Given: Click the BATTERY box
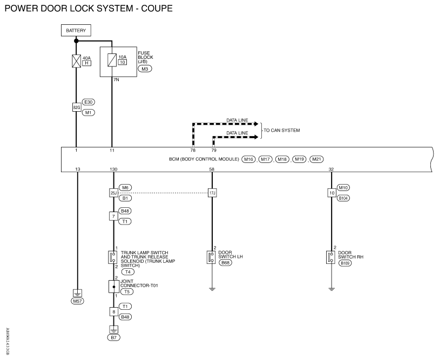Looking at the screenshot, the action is [x=76, y=30].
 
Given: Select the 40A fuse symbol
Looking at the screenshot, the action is [x=76, y=61].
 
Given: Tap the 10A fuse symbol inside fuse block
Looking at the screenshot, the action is [x=112, y=60].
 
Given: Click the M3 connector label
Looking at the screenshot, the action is [x=145, y=69].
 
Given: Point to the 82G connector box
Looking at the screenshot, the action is [x=77, y=107].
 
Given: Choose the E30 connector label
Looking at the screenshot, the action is [x=88, y=102].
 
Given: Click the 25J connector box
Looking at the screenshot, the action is [x=113, y=193].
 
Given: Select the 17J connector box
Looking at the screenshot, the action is [x=212, y=193].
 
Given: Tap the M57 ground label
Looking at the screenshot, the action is [x=77, y=301].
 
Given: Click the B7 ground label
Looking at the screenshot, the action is [x=114, y=337].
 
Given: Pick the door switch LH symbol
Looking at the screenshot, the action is [x=211, y=257].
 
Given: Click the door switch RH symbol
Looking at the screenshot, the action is [x=330, y=257].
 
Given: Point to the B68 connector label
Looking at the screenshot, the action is [x=225, y=263].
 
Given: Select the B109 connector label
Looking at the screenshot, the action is [x=345, y=263].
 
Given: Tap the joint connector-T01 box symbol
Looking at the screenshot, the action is [x=114, y=287].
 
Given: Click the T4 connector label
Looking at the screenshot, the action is [x=127, y=271].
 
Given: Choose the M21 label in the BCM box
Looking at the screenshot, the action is [x=316, y=159].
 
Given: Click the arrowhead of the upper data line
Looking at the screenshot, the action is [x=256, y=124].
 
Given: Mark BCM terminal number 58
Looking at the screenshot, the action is [x=212, y=169].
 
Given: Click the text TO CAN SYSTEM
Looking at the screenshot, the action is [x=282, y=130].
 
